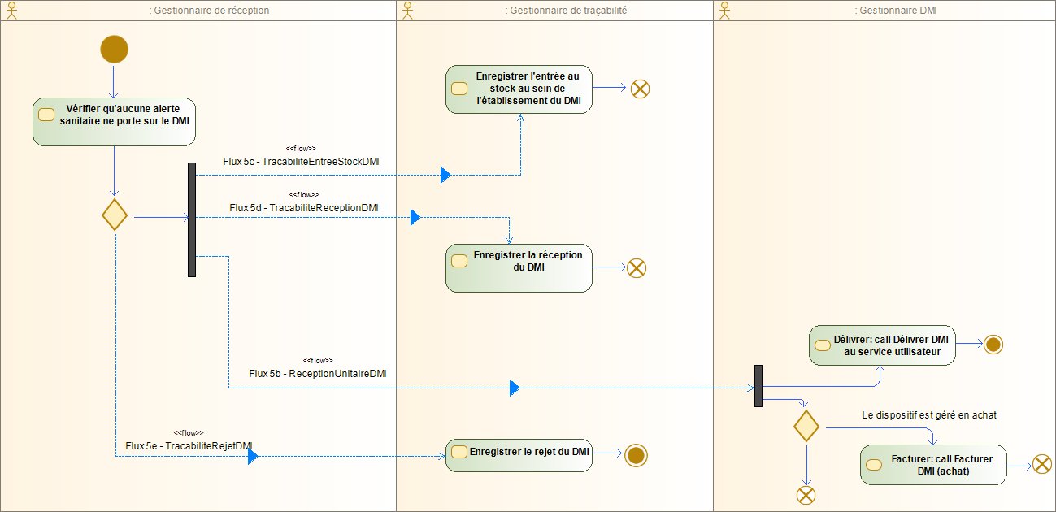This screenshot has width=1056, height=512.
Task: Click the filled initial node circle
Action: pyautogui.click(x=114, y=49)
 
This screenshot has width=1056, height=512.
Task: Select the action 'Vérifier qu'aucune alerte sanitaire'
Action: pyautogui.click(x=114, y=121)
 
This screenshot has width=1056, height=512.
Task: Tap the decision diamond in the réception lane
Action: pyautogui.click(x=115, y=215)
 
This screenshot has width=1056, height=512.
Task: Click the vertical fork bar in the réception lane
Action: pyautogui.click(x=192, y=219)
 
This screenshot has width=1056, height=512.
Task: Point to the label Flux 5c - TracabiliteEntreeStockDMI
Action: pyautogui.click(x=301, y=161)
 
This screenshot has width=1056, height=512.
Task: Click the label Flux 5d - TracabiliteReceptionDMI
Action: pyautogui.click(x=303, y=207)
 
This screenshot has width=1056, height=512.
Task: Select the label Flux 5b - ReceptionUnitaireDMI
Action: pyautogui.click(x=317, y=374)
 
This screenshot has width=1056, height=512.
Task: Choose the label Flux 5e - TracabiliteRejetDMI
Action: pyautogui.click(x=189, y=446)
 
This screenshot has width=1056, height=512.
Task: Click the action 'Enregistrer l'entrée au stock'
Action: pyautogui.click(x=519, y=89)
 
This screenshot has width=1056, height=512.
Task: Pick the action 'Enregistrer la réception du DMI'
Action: pyautogui.click(x=519, y=267)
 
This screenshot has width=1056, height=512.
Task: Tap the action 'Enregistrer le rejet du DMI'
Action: pyautogui.click(x=519, y=454)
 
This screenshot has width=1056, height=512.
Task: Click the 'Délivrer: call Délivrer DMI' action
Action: pyautogui.click(x=882, y=345)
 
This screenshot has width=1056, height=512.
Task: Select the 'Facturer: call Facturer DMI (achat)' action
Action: pyautogui.click(x=932, y=465)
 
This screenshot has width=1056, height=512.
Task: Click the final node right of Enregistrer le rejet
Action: pyautogui.click(x=636, y=455)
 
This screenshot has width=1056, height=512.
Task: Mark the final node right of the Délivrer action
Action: pyautogui.click(x=993, y=345)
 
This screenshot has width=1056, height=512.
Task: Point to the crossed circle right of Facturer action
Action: pyautogui.click(x=1042, y=464)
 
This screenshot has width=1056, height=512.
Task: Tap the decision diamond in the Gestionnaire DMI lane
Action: pyautogui.click(x=806, y=426)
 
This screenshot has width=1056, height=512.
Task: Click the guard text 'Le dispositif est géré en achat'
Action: pyautogui.click(x=928, y=414)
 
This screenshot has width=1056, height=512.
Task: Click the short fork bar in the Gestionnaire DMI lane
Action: pyautogui.click(x=758, y=386)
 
